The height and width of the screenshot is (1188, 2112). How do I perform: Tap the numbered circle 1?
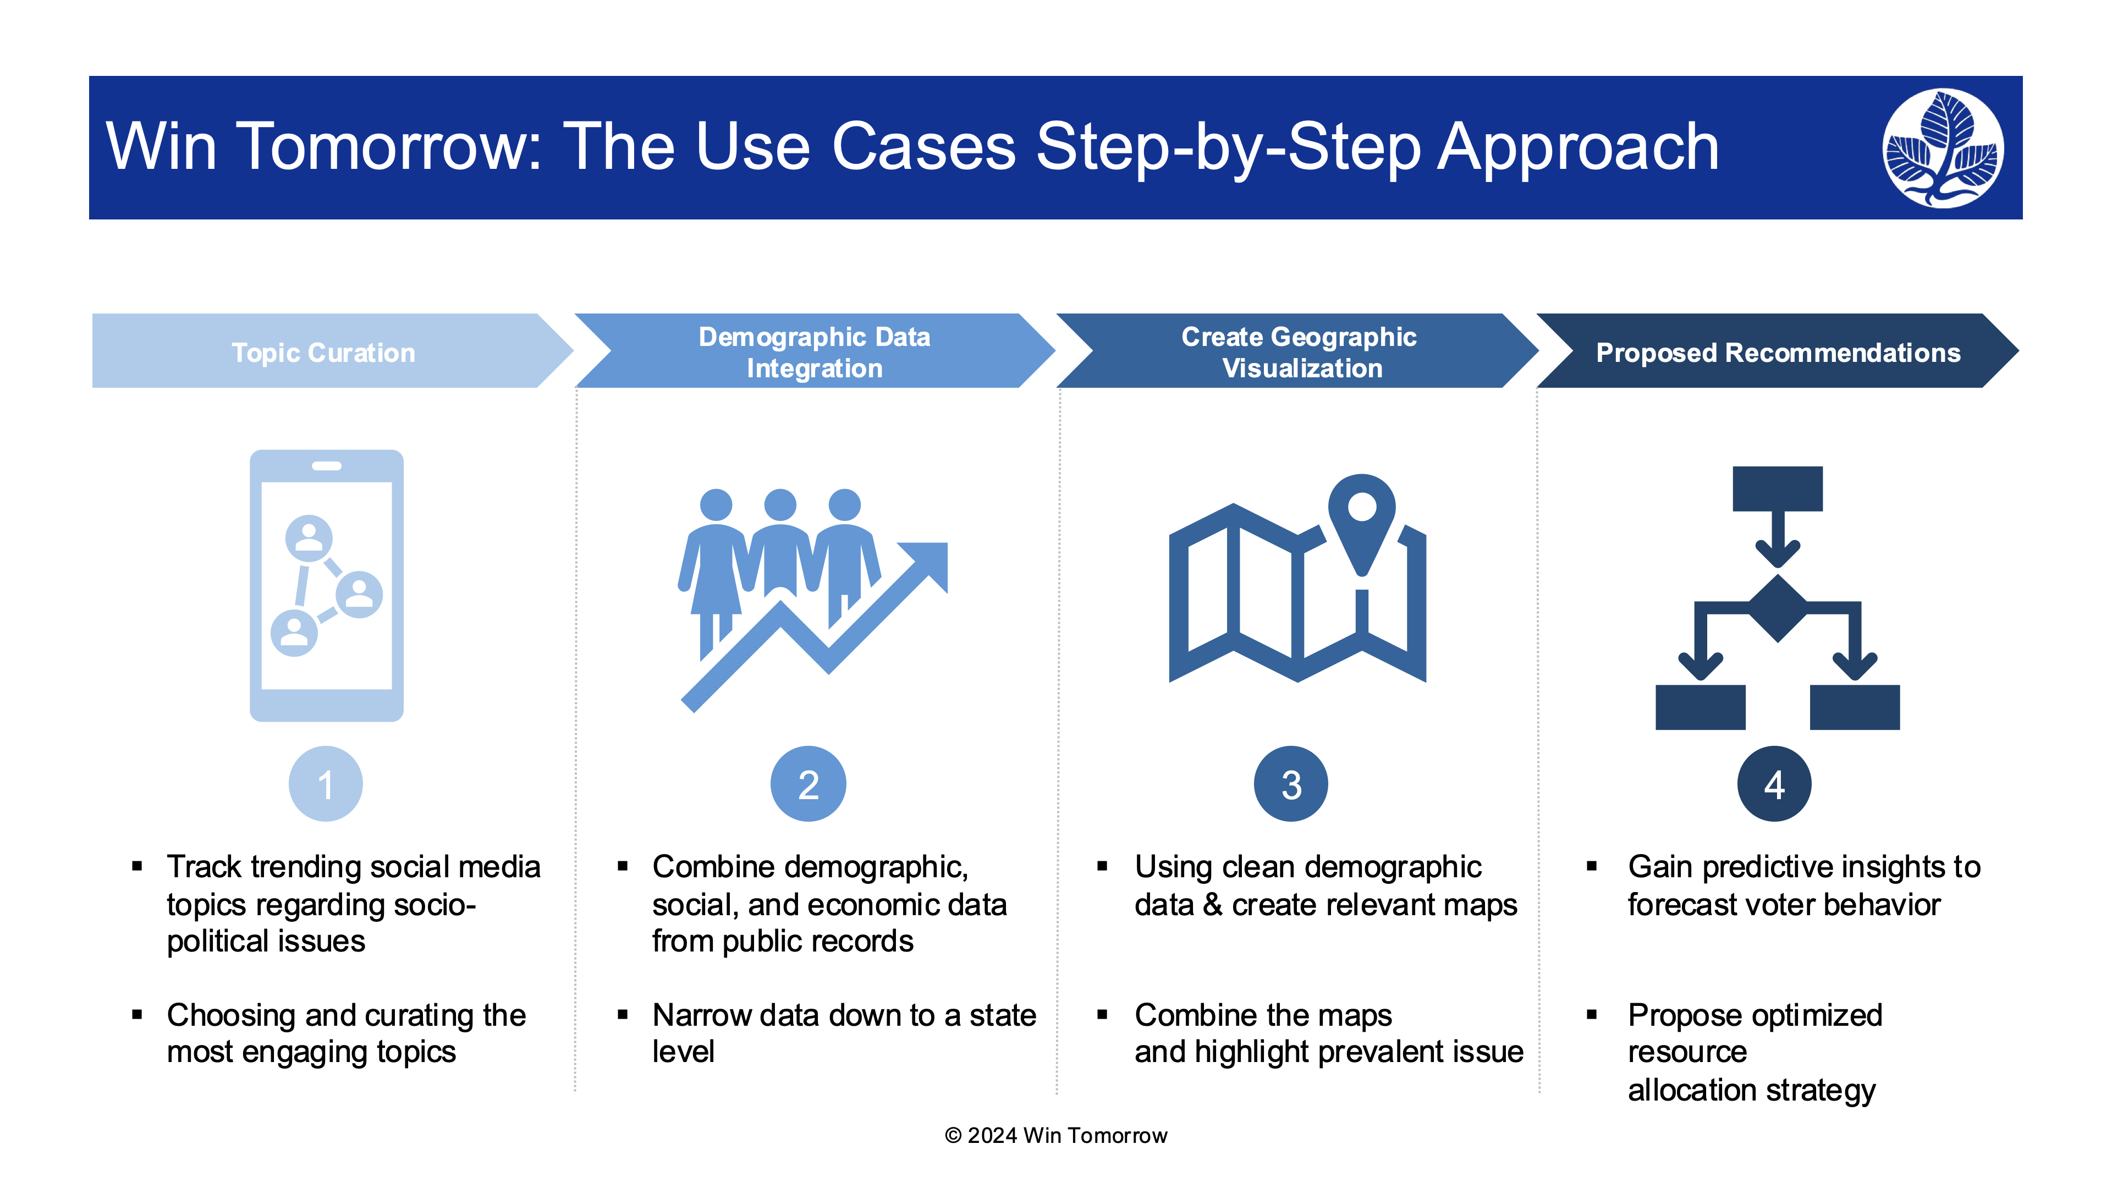(326, 784)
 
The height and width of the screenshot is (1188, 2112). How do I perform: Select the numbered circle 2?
(809, 784)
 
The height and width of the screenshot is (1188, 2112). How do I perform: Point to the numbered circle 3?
(1291, 784)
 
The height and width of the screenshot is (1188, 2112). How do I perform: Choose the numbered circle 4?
(1774, 784)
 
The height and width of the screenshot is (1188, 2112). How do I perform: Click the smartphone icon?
(326, 585)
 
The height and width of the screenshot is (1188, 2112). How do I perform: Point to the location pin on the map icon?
(1362, 521)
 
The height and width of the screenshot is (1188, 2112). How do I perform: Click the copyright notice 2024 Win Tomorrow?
(1056, 1136)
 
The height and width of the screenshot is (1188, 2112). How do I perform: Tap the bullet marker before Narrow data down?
(623, 1015)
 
